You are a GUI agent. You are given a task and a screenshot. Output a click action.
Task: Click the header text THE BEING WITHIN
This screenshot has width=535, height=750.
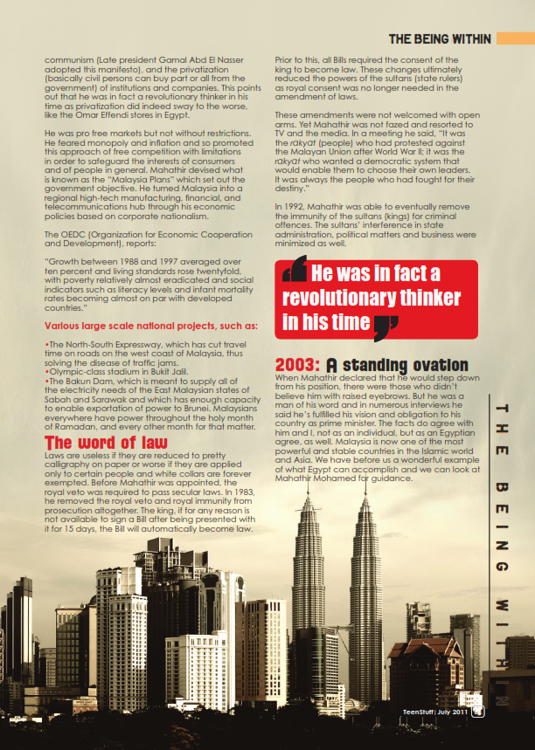[440, 39]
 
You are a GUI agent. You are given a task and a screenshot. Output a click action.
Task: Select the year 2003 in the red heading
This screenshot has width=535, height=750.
[298, 365]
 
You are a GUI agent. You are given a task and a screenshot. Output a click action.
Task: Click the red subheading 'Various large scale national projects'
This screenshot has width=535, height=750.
[150, 327]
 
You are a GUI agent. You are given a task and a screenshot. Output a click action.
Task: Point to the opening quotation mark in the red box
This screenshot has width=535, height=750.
[295, 270]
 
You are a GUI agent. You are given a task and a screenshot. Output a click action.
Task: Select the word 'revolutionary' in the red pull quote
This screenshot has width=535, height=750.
[344, 297]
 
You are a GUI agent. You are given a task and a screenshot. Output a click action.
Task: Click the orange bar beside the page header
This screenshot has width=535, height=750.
[514, 39]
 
